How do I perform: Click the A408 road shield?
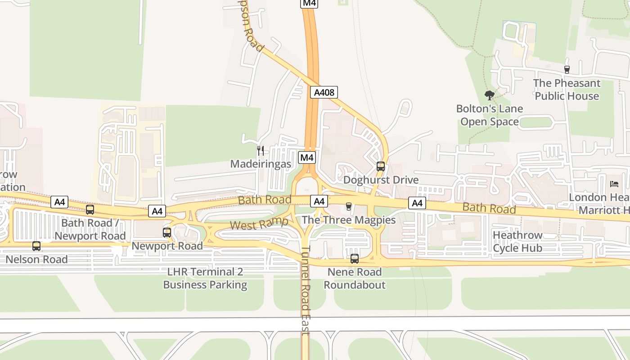pyautogui.click(x=324, y=92)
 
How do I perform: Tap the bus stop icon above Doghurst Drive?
pyautogui.click(x=381, y=166)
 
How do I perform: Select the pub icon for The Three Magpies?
pyautogui.click(x=348, y=207)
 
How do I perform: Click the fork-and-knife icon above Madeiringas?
pyautogui.click(x=261, y=150)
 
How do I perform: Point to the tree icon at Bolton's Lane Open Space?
pyautogui.click(x=490, y=95)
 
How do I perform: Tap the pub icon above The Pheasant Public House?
pyautogui.click(x=567, y=70)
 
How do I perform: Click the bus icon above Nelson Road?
pyautogui.click(x=36, y=246)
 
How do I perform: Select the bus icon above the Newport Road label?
pyautogui.click(x=167, y=233)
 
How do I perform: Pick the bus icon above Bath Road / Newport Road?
pyautogui.click(x=90, y=210)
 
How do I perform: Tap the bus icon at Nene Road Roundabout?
pyautogui.click(x=355, y=259)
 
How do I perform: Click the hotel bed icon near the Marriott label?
pyautogui.click(x=614, y=184)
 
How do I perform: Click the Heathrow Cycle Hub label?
pyautogui.click(x=517, y=242)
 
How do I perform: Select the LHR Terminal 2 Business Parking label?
pyautogui.click(x=205, y=278)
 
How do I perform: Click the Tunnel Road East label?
pyautogui.click(x=306, y=290)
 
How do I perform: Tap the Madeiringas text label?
pyautogui.click(x=261, y=164)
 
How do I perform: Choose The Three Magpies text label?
pyautogui.click(x=349, y=220)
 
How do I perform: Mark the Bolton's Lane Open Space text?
pyautogui.click(x=490, y=115)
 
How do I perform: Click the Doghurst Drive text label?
pyautogui.click(x=381, y=180)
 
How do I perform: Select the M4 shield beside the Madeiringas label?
pyautogui.click(x=307, y=157)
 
